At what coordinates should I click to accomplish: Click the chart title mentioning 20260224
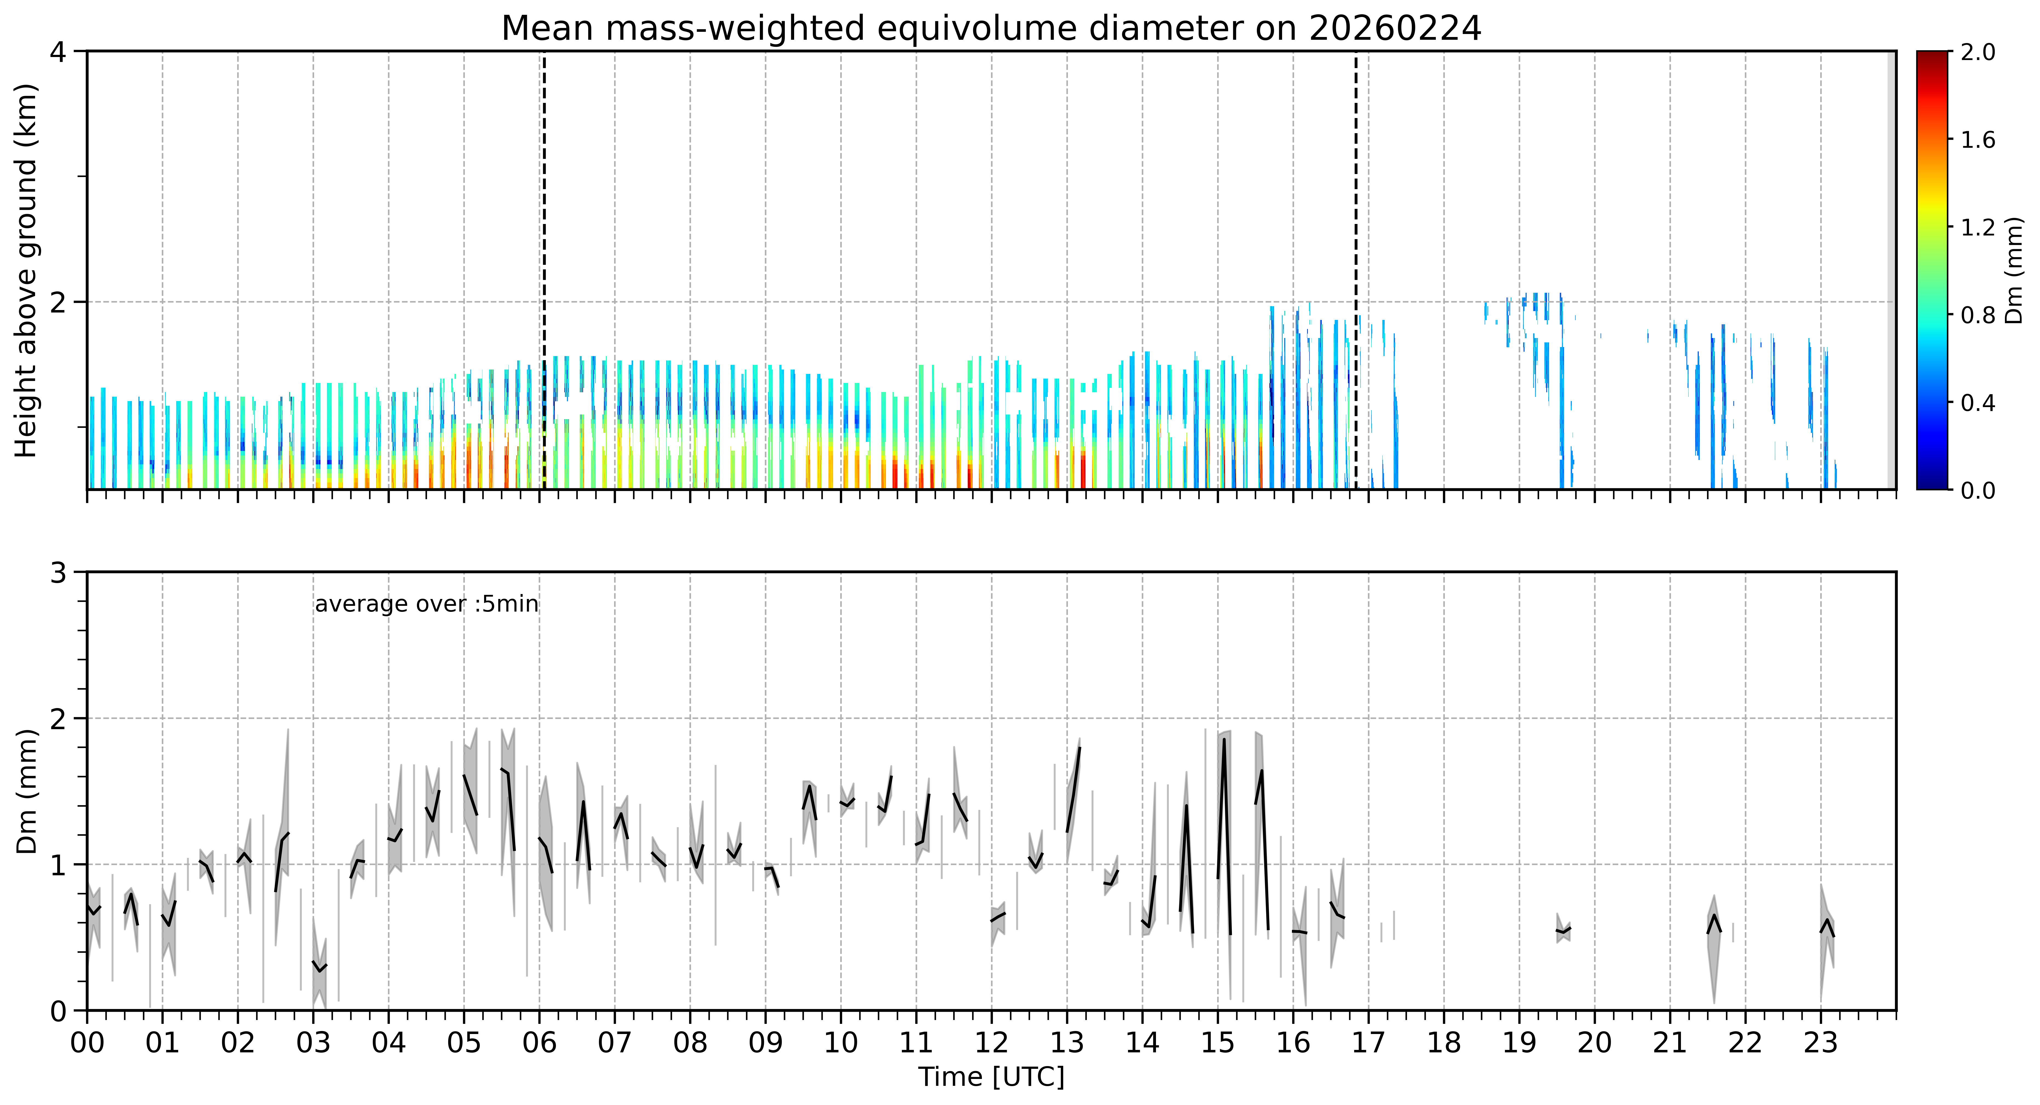[991, 29]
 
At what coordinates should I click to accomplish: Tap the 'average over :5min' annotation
[426, 604]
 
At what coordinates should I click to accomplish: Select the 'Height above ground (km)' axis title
[26, 270]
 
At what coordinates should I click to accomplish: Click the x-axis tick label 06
[539, 1042]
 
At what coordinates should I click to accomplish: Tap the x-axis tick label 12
[991, 1042]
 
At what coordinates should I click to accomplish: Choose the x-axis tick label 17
[1368, 1042]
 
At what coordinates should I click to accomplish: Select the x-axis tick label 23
[1821, 1042]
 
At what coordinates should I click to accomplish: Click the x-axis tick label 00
[87, 1042]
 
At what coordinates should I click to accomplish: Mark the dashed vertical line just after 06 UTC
[544, 270]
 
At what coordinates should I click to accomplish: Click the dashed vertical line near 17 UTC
[1356, 270]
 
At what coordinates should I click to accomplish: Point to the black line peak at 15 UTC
[1224, 740]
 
